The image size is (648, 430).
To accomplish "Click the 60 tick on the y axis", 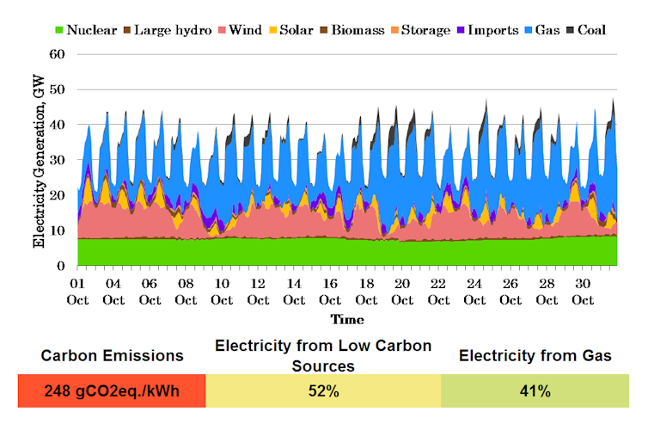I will (x=58, y=54).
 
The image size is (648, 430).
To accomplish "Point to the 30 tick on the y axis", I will (x=58, y=160).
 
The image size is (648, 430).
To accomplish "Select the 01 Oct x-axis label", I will (x=77, y=292).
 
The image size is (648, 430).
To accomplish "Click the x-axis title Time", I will (x=348, y=319).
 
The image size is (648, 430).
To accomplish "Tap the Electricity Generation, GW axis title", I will (x=39, y=160).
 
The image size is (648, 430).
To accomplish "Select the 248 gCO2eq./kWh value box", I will (x=112, y=390).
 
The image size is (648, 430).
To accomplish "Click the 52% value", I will (x=323, y=390).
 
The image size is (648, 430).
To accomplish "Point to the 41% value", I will (x=535, y=390).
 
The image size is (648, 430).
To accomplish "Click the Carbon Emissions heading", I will (x=112, y=355).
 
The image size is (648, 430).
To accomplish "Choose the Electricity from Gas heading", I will (x=535, y=355).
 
